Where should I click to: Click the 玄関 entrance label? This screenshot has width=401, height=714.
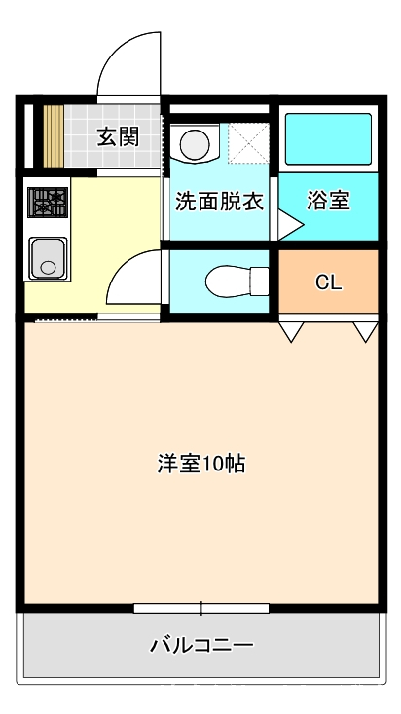pyautogui.click(x=118, y=136)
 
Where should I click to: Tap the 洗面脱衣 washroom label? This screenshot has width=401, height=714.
pyautogui.click(x=220, y=202)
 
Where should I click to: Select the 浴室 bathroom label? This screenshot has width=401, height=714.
pyautogui.click(x=328, y=201)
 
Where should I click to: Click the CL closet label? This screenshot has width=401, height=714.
pyautogui.click(x=329, y=282)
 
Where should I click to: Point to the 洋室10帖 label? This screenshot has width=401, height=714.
pyautogui.click(x=201, y=464)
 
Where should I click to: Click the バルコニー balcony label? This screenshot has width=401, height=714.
pyautogui.click(x=201, y=645)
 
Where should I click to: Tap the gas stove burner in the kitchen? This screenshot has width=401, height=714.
pyautogui.click(x=48, y=202)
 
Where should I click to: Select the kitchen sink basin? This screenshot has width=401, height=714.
pyautogui.click(x=48, y=258)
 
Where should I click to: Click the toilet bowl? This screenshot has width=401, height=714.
pyautogui.click(x=237, y=282)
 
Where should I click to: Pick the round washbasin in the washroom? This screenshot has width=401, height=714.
pyautogui.click(x=195, y=144)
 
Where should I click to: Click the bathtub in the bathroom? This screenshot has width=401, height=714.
pyautogui.click(x=328, y=138)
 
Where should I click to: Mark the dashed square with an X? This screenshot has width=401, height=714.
pyautogui.click(x=248, y=142)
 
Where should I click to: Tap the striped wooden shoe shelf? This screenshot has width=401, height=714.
pyautogui.click(x=54, y=136)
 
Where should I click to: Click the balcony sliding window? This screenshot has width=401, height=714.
pyautogui.click(x=201, y=608)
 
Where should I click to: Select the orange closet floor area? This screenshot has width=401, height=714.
pyautogui.click(x=328, y=281)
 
